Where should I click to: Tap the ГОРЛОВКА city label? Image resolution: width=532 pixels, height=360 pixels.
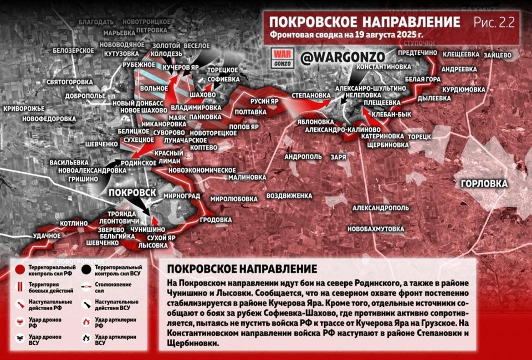484,183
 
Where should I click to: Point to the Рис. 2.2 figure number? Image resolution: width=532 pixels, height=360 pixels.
494,22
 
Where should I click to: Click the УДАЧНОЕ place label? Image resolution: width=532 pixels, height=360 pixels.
47,236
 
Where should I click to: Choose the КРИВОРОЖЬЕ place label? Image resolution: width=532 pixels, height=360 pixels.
23,109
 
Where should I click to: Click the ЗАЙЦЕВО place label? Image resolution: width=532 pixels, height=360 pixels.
497,55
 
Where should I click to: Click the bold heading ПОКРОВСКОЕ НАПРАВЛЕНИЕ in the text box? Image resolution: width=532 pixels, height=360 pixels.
242,269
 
